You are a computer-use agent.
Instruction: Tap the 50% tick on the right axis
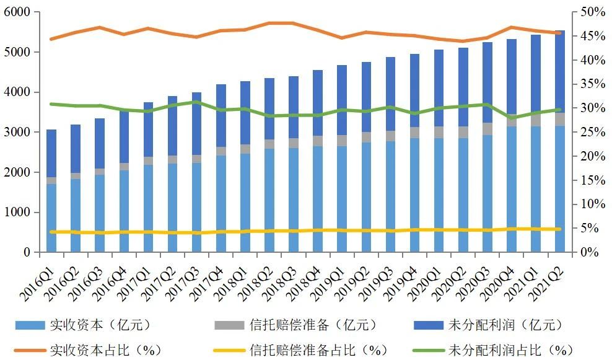(x=593, y=12)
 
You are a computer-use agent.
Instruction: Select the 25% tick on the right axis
(x=593, y=133)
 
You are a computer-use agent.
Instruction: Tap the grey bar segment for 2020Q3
(x=487, y=129)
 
